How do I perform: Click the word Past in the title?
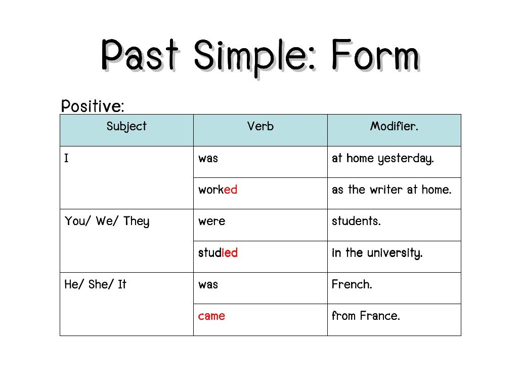[x=140, y=55]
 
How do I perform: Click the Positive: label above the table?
[x=92, y=106]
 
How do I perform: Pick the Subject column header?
[x=126, y=127]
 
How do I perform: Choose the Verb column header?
[x=260, y=127]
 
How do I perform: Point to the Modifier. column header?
[x=394, y=127]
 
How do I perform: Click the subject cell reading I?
[x=67, y=159]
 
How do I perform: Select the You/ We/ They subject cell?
[x=107, y=222]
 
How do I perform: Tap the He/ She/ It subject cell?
[x=95, y=284]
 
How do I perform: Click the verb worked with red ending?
[x=218, y=190]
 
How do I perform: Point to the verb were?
[x=211, y=222]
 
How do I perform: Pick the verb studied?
[x=218, y=253]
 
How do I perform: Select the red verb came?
[x=211, y=316]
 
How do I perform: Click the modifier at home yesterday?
[x=382, y=159]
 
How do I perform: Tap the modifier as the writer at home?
[x=392, y=190]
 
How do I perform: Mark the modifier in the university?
[x=377, y=253]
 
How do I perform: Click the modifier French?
[x=352, y=284]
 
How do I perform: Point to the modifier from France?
[x=366, y=316]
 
